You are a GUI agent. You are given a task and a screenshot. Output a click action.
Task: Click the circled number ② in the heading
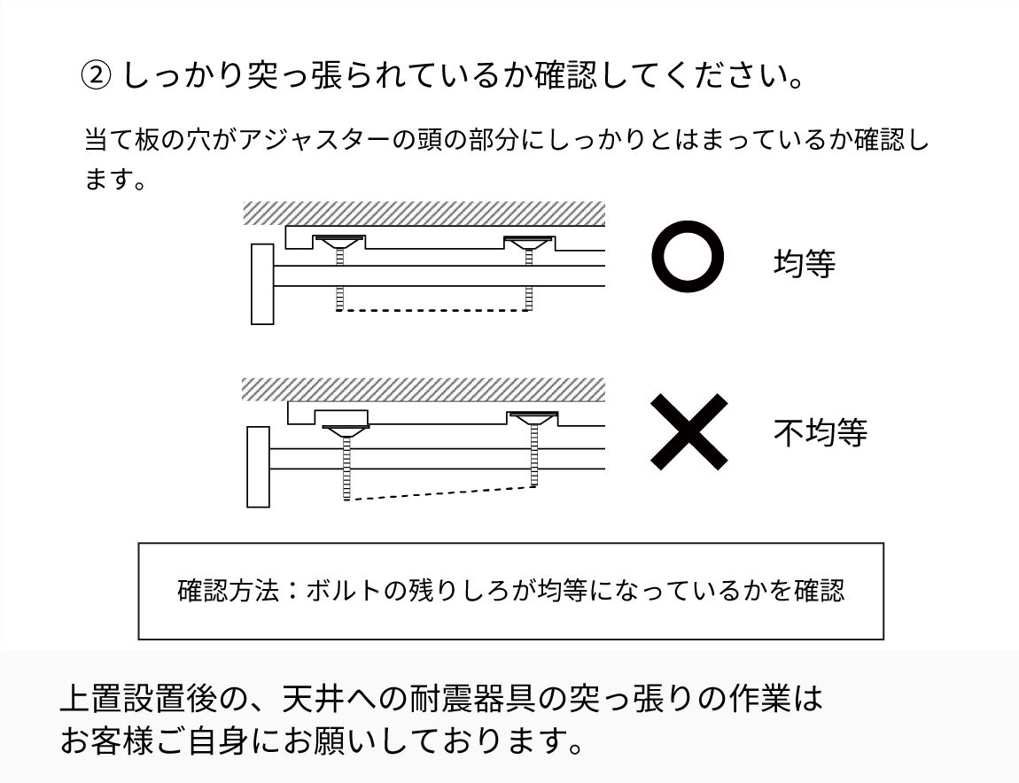[96, 75]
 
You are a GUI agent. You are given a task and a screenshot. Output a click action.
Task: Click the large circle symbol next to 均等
[688, 257]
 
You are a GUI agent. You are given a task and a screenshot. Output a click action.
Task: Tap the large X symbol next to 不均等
[688, 431]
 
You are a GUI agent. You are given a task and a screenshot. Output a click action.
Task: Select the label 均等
[805, 263]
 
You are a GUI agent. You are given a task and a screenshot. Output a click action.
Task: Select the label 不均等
[821, 432]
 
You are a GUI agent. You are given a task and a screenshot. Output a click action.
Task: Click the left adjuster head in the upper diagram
[339, 242]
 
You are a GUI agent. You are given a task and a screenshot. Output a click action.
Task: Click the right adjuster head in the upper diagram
[530, 243]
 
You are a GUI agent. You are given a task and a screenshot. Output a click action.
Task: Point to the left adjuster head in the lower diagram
[346, 431]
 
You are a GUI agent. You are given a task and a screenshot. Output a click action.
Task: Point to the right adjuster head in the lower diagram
[533, 417]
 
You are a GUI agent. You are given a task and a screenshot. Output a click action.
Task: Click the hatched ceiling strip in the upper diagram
[424, 213]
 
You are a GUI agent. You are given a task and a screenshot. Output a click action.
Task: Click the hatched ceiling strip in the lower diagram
[423, 389]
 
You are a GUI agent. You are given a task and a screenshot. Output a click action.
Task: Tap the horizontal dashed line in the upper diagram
[433, 311]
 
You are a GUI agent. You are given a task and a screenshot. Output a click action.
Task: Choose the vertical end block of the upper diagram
[262, 284]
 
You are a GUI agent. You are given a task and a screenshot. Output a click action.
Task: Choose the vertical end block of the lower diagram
[258, 467]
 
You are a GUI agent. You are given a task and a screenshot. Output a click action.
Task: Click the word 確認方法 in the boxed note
[228, 591]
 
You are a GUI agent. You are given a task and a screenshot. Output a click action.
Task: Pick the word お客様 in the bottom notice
[107, 740]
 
